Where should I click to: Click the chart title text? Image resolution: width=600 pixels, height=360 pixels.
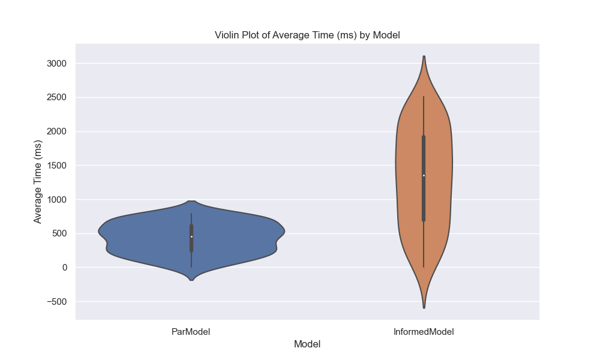point(307,35)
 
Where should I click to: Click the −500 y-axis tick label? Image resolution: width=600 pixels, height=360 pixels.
point(55,301)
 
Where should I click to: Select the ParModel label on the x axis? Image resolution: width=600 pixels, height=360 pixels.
point(191,331)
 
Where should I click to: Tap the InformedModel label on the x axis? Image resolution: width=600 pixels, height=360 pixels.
point(424,331)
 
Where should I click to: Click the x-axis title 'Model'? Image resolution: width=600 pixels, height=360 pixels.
point(307,344)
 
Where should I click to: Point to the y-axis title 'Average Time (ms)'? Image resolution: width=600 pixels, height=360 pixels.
point(38,182)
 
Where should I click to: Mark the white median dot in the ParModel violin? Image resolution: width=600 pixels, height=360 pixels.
point(191,236)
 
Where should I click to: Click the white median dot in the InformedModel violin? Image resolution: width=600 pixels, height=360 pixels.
point(424,175)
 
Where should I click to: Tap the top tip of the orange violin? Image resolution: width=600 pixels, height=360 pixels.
point(424,57)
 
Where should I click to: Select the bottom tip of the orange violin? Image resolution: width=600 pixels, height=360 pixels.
point(424,307)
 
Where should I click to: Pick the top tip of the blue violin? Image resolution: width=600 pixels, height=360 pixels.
point(191,202)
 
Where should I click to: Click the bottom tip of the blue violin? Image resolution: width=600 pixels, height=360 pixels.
point(191,280)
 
